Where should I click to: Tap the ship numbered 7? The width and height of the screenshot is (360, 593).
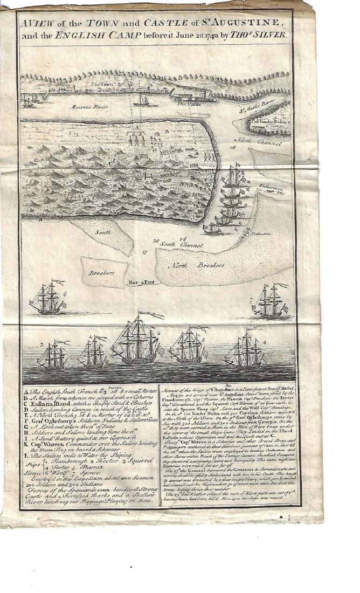[269, 302]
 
